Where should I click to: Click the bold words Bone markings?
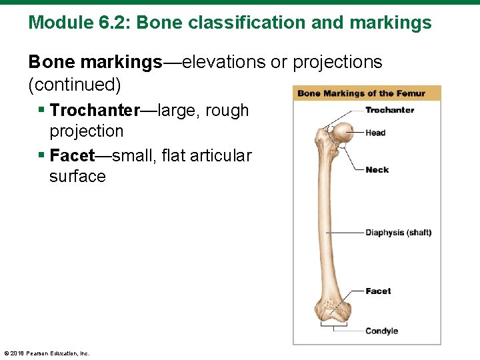tap(95, 63)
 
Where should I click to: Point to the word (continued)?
tap(75, 85)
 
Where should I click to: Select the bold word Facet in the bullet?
tap(73, 156)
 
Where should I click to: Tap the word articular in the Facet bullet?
tap(220, 156)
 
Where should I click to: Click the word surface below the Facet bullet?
tap(77, 177)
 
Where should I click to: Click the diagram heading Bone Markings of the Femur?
tap(361, 93)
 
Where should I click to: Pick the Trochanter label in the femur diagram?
tap(389, 110)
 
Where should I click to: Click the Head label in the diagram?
tap(375, 133)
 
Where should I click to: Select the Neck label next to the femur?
tap(377, 170)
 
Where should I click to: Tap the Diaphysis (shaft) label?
tap(398, 233)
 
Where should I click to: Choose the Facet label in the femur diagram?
tap(378, 291)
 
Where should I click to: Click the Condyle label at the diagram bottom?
tap(381, 331)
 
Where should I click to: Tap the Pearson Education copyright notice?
tap(47, 353)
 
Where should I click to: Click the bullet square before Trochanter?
tap(41, 110)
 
